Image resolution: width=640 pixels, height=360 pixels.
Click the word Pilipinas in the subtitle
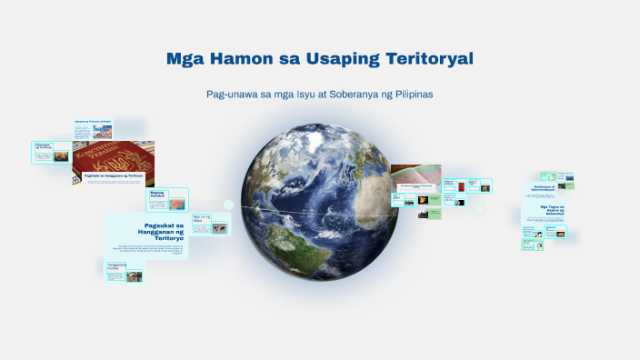pos(427,95)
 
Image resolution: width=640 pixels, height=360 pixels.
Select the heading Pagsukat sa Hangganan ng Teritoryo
pos(164,231)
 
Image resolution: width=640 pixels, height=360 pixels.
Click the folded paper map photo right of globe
pos(415,173)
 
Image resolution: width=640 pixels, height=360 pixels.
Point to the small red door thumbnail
pos(463,187)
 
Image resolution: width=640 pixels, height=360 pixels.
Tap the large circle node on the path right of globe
pos(479,208)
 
